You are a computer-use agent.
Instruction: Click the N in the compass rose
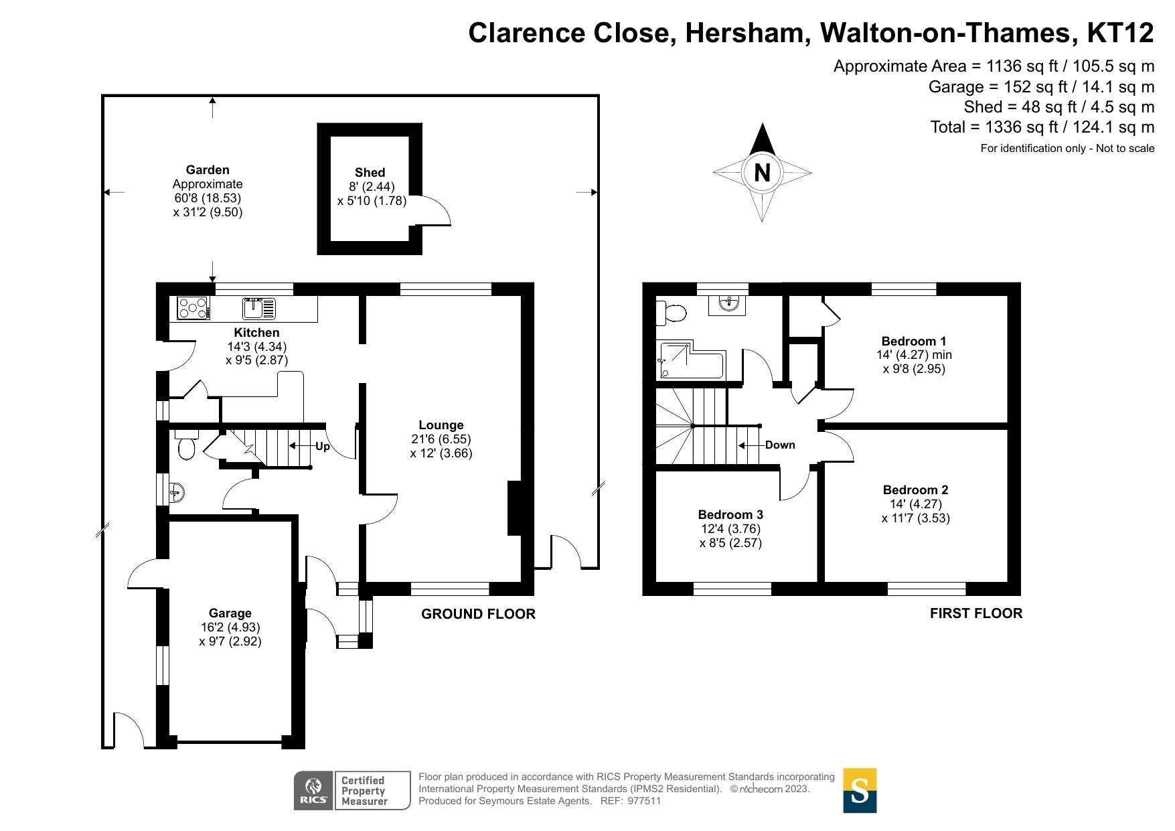[762, 173]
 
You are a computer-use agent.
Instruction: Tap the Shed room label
[370, 173]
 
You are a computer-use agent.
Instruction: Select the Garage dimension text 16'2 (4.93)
[230, 627]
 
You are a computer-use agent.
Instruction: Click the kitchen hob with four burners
[193, 309]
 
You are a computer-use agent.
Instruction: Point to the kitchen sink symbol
[258, 309]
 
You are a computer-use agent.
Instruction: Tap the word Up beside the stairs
[323, 447]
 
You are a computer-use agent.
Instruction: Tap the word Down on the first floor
[780, 445]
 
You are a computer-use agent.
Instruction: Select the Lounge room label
[441, 425]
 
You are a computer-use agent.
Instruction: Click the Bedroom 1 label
[914, 342]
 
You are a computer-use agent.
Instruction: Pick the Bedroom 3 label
[730, 515]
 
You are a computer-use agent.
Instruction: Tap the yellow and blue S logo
[860, 790]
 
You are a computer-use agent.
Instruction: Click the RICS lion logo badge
[313, 791]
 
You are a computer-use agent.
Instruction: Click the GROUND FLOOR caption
[478, 614]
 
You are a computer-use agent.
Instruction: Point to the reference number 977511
[644, 801]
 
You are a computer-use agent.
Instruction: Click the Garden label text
[208, 170]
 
